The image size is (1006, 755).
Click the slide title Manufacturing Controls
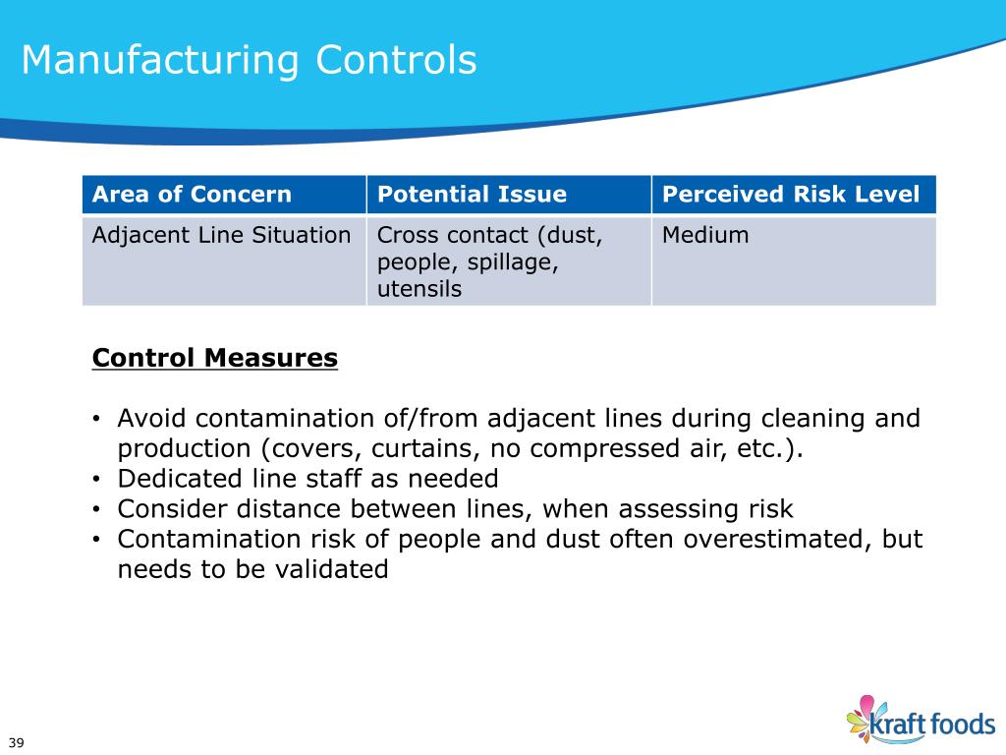pyautogui.click(x=249, y=60)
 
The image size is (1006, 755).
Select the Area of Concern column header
pyautogui.click(x=192, y=194)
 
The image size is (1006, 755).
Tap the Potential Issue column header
pyautogui.click(x=472, y=194)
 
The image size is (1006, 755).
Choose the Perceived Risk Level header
pyautogui.click(x=791, y=194)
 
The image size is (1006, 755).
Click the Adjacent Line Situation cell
pyautogui.click(x=221, y=235)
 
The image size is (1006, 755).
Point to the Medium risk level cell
pyautogui.click(x=705, y=235)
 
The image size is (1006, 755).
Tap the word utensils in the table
pyautogui.click(x=419, y=290)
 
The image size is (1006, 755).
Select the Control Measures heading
pyautogui.click(x=215, y=358)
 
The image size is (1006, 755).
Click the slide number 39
pyautogui.click(x=16, y=741)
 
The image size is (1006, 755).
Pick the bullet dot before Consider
pyautogui.click(x=97, y=510)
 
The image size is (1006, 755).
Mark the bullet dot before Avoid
pyautogui.click(x=97, y=420)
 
